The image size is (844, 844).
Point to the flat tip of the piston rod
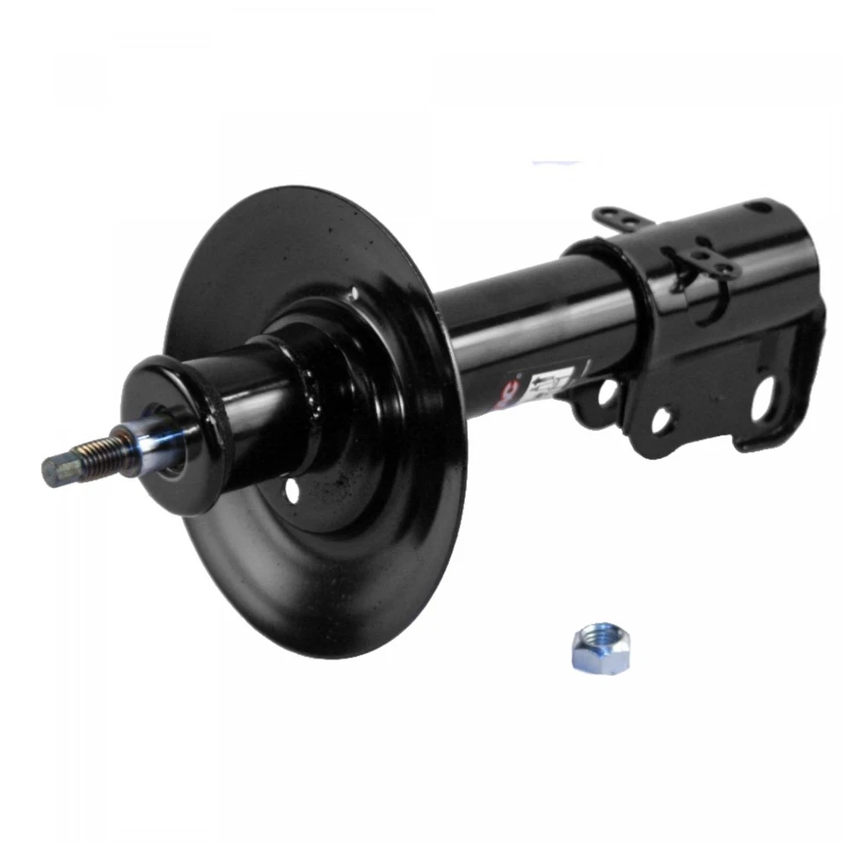51,471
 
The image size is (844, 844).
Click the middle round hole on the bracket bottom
661,419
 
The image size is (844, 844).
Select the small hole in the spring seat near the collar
291,491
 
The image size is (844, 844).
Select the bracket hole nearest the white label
607,393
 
